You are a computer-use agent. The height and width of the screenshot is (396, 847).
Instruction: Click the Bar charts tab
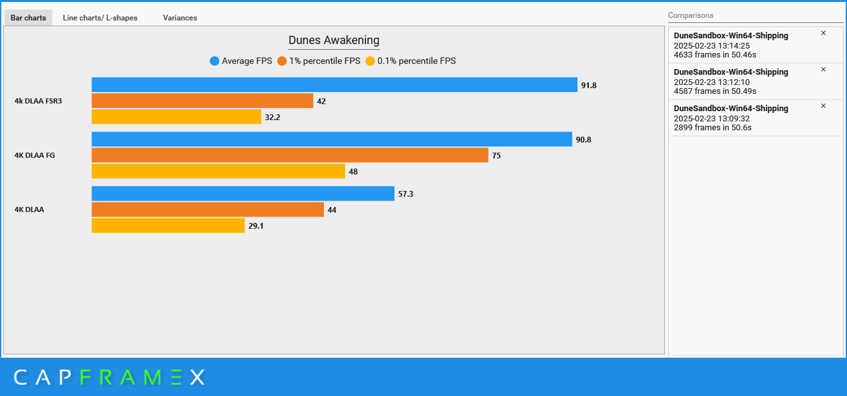point(28,18)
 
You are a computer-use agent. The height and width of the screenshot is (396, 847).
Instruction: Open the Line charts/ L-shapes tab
point(100,18)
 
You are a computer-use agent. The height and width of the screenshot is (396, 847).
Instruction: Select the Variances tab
point(179,18)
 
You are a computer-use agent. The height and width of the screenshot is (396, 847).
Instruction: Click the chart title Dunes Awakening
point(333,40)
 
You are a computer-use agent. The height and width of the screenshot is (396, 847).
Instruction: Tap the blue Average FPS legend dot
point(215,61)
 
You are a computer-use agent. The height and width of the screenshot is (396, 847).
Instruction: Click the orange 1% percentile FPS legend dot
point(282,61)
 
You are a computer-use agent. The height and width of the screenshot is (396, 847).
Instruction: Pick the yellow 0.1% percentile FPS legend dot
point(370,61)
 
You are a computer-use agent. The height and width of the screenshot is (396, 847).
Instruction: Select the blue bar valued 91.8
point(334,85)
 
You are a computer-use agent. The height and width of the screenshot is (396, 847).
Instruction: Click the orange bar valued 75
point(289,155)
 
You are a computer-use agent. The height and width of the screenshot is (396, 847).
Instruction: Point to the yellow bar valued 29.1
point(168,225)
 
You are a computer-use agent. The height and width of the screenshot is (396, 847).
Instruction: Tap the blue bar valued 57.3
point(243,194)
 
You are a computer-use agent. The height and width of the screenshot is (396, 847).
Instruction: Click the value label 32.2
point(272,118)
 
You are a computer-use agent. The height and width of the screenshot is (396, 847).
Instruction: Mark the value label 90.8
point(583,140)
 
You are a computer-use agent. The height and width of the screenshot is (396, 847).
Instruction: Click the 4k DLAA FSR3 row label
point(38,101)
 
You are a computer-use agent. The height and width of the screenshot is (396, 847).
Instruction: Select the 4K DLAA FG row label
point(35,155)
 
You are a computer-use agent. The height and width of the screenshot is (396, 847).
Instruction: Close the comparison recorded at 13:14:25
point(823,33)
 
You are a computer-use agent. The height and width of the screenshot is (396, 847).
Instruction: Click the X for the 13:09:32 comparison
point(823,106)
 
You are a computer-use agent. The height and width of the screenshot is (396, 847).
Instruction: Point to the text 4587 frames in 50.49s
point(712,91)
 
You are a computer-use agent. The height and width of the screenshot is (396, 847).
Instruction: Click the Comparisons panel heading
point(691,15)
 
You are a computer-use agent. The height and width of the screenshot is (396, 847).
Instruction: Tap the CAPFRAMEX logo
point(109,377)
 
